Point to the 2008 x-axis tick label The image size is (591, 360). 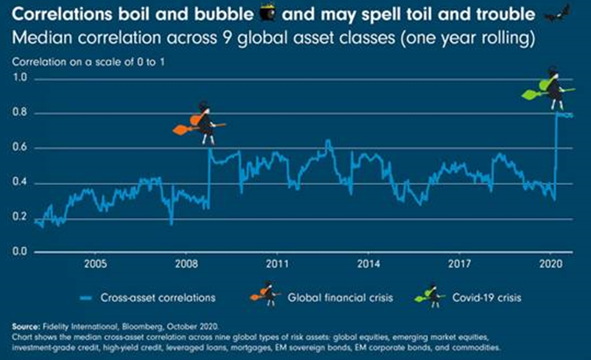click(x=186, y=262)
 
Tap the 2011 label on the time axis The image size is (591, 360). click(x=278, y=262)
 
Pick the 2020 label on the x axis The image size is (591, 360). click(x=552, y=262)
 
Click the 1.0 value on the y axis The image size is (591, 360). click(x=20, y=79)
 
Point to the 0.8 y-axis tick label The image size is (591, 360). click(x=20, y=114)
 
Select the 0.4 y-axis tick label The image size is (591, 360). click(x=20, y=183)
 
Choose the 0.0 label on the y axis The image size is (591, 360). click(x=20, y=252)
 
